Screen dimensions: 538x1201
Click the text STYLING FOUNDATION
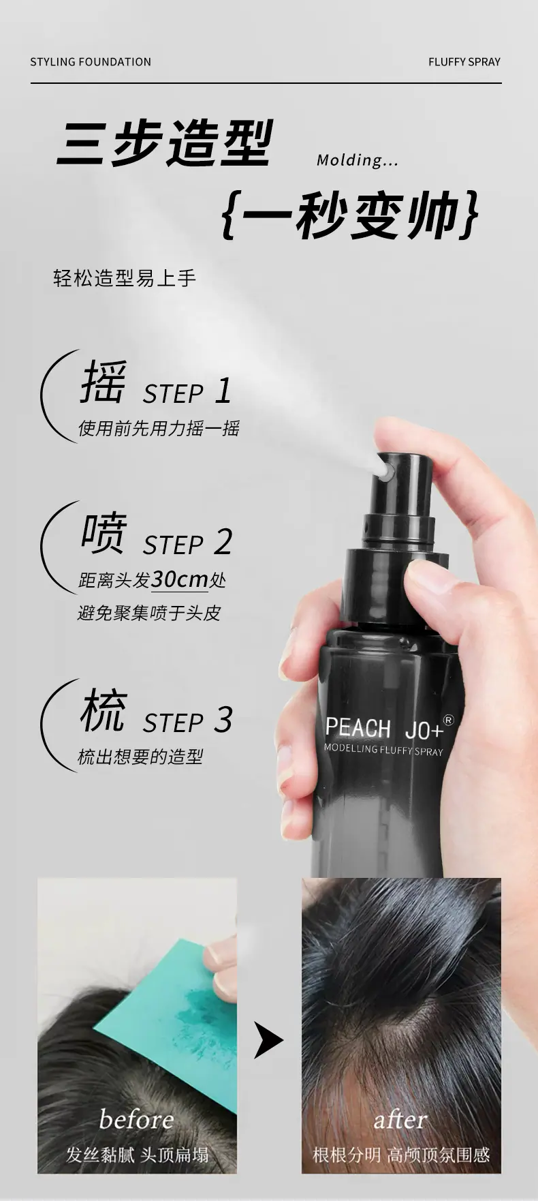click(x=91, y=62)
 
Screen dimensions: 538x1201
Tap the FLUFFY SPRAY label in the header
click(x=464, y=62)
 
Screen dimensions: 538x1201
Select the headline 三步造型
click(x=165, y=143)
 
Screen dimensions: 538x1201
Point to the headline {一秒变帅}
click(x=350, y=216)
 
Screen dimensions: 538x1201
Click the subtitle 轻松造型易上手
click(x=125, y=278)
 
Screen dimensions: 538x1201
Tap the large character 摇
click(x=104, y=382)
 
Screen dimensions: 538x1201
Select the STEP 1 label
click(x=187, y=392)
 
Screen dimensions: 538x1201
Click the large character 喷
click(x=104, y=533)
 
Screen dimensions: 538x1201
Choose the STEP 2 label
click(x=187, y=543)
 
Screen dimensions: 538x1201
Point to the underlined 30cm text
click(x=180, y=579)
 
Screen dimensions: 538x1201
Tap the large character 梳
click(x=104, y=710)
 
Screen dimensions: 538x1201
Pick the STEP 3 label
click(x=187, y=720)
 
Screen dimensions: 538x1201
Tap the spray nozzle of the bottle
click(x=386, y=470)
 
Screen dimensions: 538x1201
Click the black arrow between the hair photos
click(x=268, y=1039)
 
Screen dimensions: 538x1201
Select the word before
click(x=136, y=1119)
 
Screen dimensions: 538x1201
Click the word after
click(x=400, y=1120)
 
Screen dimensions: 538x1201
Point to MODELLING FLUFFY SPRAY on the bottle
click(x=383, y=750)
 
